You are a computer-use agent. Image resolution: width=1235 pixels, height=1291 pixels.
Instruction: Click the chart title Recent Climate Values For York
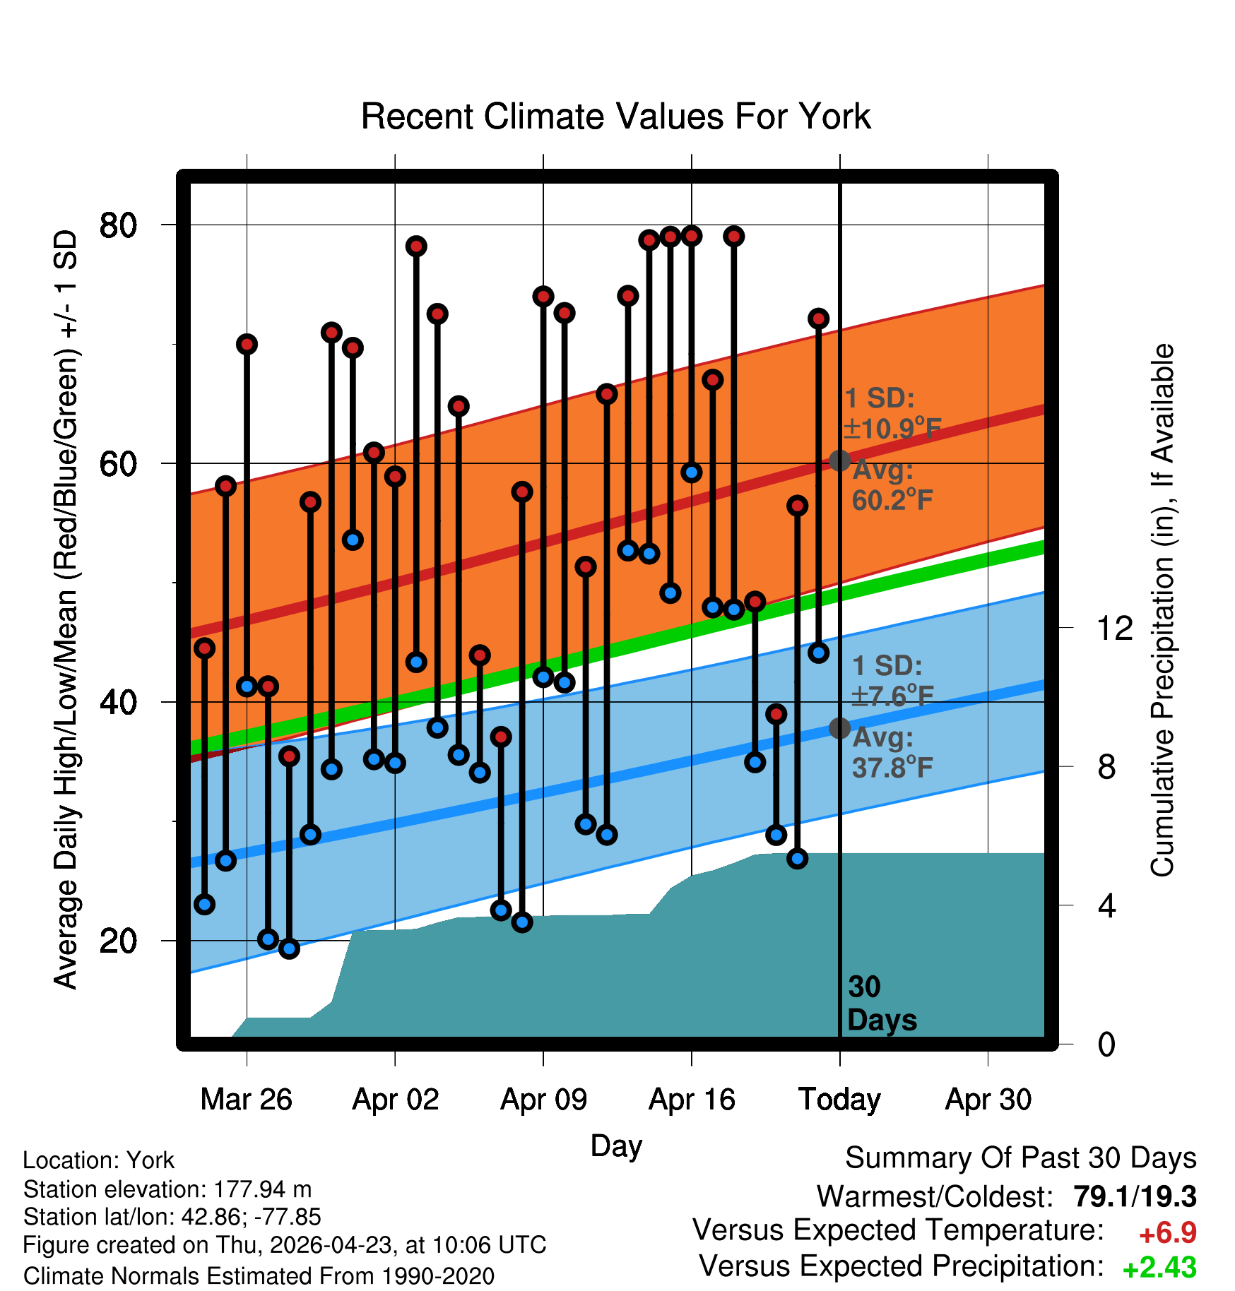point(615,117)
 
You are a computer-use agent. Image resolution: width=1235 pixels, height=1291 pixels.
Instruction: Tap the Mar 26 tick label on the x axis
point(247,1099)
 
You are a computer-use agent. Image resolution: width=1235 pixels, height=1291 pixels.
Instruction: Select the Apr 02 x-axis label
point(396,1099)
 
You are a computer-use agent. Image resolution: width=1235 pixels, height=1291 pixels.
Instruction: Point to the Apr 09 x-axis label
point(543,1099)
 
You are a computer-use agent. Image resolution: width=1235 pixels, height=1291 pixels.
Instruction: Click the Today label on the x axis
point(839,1100)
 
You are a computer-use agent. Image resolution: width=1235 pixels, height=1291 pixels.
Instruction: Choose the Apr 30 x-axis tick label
point(988,1099)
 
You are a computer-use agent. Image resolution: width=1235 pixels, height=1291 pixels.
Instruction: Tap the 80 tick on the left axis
point(118,225)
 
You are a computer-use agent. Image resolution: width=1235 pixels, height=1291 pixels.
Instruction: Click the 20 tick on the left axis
point(118,941)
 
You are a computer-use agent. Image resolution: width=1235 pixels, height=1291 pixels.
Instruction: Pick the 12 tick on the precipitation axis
point(1115,628)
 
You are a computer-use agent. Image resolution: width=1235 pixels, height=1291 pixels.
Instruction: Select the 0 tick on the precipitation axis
point(1106,1044)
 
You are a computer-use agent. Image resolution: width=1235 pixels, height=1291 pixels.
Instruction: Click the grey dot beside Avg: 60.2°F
point(839,460)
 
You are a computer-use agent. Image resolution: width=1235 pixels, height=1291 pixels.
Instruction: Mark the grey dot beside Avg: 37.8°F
point(839,728)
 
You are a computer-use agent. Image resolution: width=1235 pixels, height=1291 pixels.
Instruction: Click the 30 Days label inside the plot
point(882,1004)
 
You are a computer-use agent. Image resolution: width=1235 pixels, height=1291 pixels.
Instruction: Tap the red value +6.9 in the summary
point(1168,1233)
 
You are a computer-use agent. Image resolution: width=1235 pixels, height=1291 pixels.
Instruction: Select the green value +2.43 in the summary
point(1159,1268)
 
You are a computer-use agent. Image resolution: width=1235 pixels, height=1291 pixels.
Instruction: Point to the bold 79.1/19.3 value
point(1135,1196)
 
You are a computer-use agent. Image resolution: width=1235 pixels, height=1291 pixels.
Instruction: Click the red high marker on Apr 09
point(543,296)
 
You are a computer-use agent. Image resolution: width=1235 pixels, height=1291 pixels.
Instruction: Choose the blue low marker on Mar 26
point(247,686)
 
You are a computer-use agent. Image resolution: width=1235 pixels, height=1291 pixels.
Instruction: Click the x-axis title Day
point(616,1146)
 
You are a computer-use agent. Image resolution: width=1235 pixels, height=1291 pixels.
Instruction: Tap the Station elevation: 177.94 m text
point(167,1189)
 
